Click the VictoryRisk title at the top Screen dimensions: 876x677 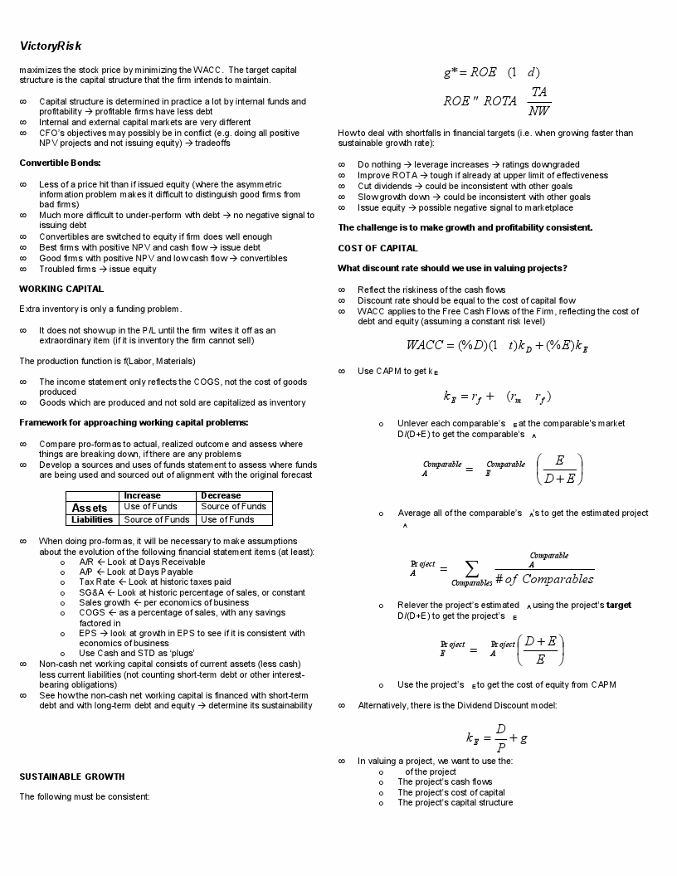coord(51,46)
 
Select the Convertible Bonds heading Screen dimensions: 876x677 coord(60,163)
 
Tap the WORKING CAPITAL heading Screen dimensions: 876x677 coord(61,289)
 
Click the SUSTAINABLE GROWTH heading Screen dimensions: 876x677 coord(72,776)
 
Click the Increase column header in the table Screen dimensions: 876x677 coord(142,495)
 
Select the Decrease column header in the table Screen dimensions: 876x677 coord(221,495)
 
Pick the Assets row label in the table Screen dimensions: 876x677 coord(90,508)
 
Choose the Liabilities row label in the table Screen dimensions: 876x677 coord(92,519)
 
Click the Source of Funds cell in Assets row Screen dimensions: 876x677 coord(233,506)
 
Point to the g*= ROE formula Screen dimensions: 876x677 coord(491,72)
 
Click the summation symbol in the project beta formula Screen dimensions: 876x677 coord(472,569)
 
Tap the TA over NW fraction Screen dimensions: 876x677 coord(539,100)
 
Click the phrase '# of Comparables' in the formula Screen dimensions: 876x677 coord(544,579)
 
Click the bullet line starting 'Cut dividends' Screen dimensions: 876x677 coord(465,186)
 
